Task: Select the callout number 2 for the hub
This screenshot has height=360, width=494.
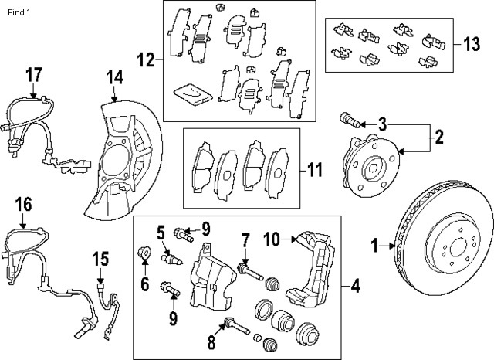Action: pos(438,138)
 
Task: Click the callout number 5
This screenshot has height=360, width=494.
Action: pos(161,230)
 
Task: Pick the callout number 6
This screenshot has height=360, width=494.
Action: pos(144,284)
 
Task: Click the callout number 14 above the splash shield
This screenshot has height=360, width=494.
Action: pos(114,76)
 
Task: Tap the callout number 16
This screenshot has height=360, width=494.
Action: pos(23,205)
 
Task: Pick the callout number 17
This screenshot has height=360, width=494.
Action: pos(32,76)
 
